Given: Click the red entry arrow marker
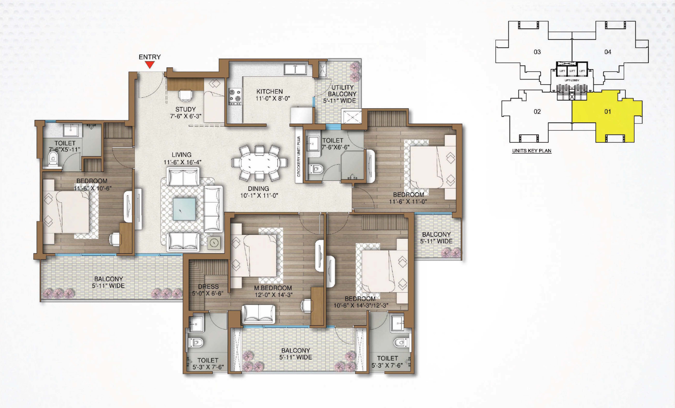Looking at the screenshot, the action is point(150,65).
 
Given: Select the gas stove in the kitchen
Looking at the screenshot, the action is point(235,96).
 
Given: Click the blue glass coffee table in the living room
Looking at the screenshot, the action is point(184,209).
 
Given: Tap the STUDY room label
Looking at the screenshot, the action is point(185,109).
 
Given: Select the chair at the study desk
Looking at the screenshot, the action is point(185,95).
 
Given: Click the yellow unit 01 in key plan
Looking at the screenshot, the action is point(608,115).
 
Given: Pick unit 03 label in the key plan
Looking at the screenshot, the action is point(537,52).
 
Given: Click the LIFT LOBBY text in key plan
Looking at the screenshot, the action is point(572,80).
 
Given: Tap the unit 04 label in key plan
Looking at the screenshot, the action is point(608,52).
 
